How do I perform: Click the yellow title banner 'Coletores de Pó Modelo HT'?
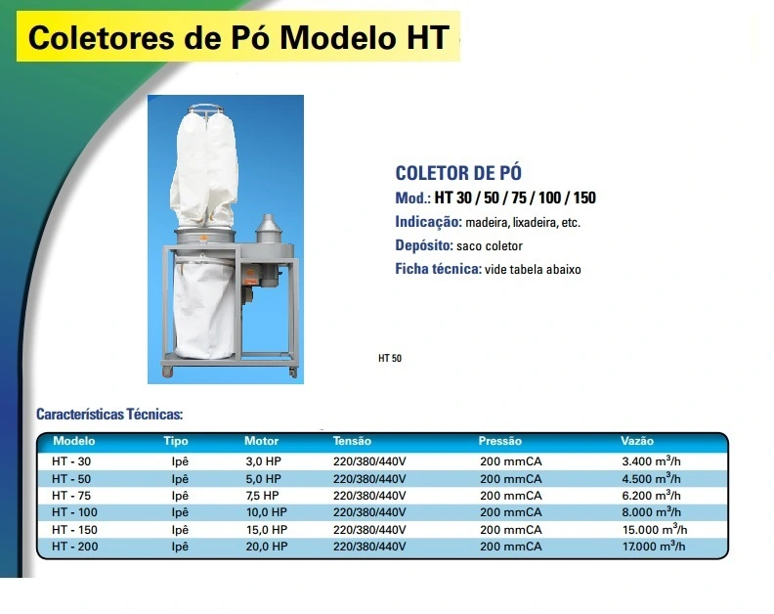(237, 36)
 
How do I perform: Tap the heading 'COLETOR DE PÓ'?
(458, 173)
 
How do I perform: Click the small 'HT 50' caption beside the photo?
(390, 358)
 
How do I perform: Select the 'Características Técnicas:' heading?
(109, 414)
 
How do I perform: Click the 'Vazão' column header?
(637, 441)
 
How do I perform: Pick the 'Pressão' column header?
(499, 441)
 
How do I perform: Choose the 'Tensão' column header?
(352, 441)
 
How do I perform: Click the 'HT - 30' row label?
(71, 461)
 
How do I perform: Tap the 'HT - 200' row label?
(75, 547)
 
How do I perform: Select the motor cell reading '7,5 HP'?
(262, 496)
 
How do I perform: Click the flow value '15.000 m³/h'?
(655, 529)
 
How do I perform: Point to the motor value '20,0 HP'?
(267, 547)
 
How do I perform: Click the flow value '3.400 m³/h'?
(651, 460)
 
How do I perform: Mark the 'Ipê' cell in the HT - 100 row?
(180, 512)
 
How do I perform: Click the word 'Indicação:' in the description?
(428, 222)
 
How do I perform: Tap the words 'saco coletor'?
(490, 246)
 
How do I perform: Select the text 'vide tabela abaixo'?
(533, 269)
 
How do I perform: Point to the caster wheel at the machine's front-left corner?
(167, 372)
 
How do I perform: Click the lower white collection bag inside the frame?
(204, 306)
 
